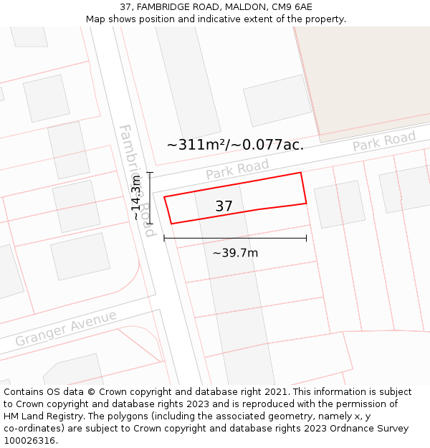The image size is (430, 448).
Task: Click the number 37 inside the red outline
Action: pos(224,206)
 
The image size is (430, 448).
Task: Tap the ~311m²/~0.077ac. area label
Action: pos(235,145)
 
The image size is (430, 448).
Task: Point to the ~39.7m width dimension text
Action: pos(235,252)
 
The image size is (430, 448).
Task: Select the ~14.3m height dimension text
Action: pos(136,198)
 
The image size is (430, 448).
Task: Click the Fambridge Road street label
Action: pos(136,172)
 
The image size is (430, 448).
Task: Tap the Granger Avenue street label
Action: pos(66,328)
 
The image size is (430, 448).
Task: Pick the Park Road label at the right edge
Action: pos(384,141)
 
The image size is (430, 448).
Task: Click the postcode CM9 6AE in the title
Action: pos(292,6)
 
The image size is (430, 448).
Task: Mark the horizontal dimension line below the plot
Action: pos(235,238)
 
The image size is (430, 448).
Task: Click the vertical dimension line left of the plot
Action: pos(150,198)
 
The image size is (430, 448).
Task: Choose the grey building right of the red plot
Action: pos(340,204)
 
